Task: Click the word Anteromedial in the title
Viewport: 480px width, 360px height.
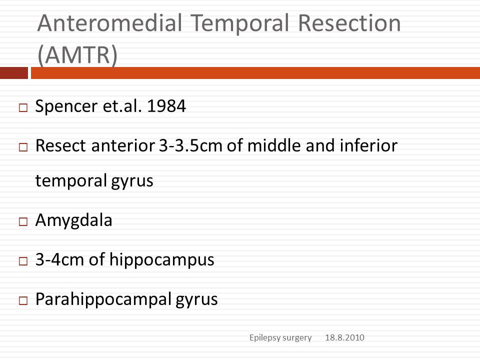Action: click(109, 23)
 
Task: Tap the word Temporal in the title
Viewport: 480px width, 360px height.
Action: click(239, 24)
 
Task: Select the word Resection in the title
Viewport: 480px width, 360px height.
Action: click(349, 23)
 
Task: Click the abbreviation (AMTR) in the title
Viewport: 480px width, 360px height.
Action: click(77, 55)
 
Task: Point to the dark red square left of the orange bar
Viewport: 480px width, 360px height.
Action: click(14, 73)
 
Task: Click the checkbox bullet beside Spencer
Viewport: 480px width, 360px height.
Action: click(23, 108)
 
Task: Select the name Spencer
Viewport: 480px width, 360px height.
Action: click(66, 106)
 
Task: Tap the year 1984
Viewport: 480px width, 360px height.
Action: click(166, 106)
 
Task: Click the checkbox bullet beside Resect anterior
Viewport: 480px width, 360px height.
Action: click(23, 147)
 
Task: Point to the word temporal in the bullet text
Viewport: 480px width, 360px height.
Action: click(70, 181)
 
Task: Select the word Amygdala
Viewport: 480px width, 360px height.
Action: click(74, 220)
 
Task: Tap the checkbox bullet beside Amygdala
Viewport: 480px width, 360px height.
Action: click(23, 221)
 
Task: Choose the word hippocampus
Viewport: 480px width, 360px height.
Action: click(161, 260)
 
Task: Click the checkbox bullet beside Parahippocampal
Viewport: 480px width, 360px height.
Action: click(23, 300)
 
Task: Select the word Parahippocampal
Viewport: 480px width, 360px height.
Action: click(103, 299)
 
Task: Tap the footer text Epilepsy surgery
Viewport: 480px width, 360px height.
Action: click(280, 338)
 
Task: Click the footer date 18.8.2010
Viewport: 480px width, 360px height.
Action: click(344, 337)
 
